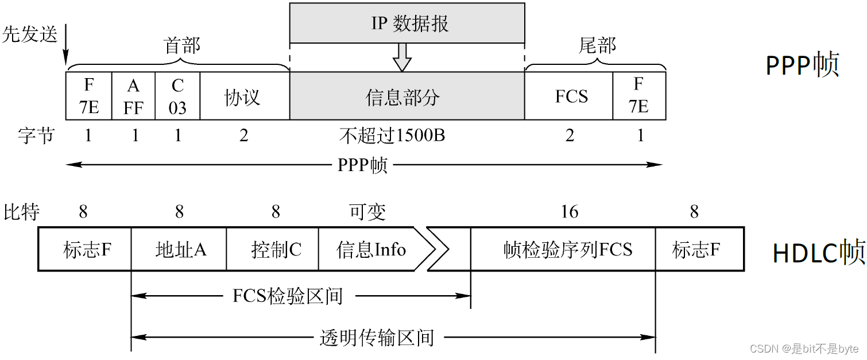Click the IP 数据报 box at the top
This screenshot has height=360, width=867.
[407, 23]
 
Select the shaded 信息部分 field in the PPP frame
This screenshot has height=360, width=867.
[407, 96]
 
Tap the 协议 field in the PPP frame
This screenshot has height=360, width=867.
[245, 96]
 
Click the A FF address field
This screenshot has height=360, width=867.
[133, 96]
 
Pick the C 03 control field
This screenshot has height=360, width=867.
[177, 96]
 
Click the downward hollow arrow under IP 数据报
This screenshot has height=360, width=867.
[402, 57]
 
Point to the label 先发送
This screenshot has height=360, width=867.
[30, 34]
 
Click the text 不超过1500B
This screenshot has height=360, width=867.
[393, 136]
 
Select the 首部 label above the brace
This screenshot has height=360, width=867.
[182, 46]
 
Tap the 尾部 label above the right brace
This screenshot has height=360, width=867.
[597, 46]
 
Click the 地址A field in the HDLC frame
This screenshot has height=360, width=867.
[179, 249]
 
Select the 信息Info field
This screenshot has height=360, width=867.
[371, 249]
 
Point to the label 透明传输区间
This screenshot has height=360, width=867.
[376, 338]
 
